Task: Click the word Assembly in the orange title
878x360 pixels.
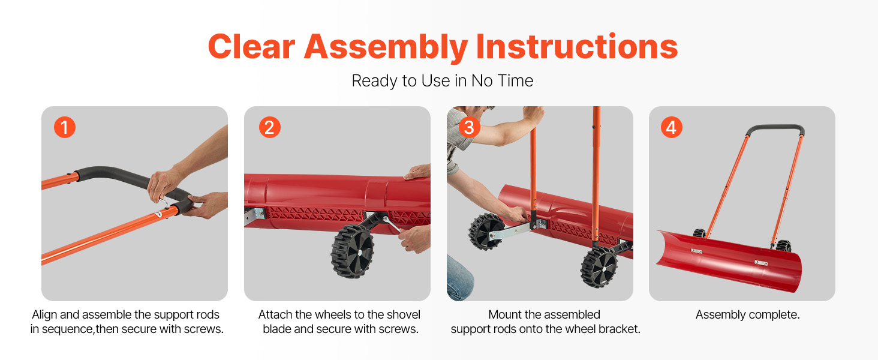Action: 386,46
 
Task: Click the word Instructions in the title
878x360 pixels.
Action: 576,46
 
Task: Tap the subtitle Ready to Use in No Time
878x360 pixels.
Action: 442,81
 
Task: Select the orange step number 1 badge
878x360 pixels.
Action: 65,127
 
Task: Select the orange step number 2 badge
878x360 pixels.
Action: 269,127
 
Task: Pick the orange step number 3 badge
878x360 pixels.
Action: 470,127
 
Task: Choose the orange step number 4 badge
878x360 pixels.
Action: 672,127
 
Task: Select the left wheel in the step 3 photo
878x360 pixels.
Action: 486,230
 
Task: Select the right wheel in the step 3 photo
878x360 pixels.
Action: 598,267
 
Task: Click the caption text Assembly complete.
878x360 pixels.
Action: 747,315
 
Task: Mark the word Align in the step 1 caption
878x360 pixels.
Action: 44,315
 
